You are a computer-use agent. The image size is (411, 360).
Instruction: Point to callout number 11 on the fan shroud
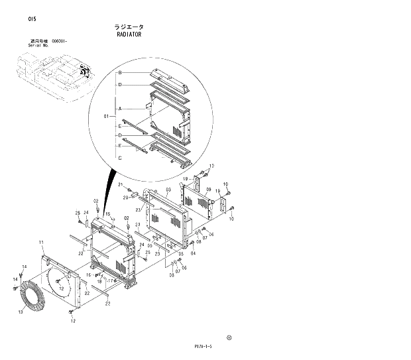coord(40,242)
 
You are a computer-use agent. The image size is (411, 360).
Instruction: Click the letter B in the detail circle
coord(119,72)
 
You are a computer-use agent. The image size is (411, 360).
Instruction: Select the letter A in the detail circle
coord(119,108)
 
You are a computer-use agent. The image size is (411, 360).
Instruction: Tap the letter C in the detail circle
coord(119,158)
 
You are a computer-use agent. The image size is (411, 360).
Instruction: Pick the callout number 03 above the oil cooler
coord(168,190)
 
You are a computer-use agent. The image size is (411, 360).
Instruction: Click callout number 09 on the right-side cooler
coord(207,190)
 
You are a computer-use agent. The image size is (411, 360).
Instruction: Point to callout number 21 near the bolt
coord(121,184)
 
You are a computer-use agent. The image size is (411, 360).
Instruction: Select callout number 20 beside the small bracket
coord(125,198)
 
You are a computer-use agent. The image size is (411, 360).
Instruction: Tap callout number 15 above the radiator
coord(107,213)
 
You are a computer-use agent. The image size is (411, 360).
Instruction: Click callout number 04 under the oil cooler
coord(193,253)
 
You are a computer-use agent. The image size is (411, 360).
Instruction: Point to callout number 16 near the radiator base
coord(89,274)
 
